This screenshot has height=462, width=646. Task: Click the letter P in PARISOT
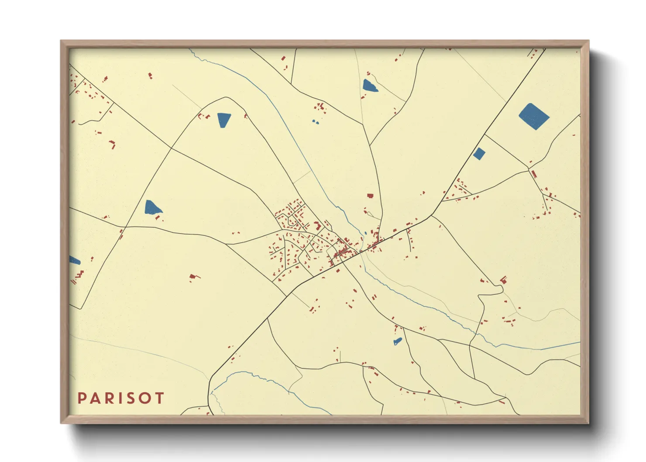click(x=82, y=398)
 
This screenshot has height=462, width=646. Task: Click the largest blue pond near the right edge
click(x=533, y=116)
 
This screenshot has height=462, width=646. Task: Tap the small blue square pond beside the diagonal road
click(x=479, y=154)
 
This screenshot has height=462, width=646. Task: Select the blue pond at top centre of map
click(x=369, y=86)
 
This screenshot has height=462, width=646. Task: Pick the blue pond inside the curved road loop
click(x=223, y=120)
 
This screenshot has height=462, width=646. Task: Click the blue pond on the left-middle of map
click(x=152, y=207)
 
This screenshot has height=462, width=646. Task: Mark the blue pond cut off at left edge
click(x=74, y=261)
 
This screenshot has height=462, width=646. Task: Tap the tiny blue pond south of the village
click(x=397, y=341)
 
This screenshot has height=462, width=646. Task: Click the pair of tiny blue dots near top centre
click(x=315, y=122)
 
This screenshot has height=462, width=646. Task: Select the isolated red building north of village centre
click(x=370, y=196)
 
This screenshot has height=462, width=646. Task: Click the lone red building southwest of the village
click(x=193, y=277)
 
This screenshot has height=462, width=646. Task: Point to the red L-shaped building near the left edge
click(x=113, y=144)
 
